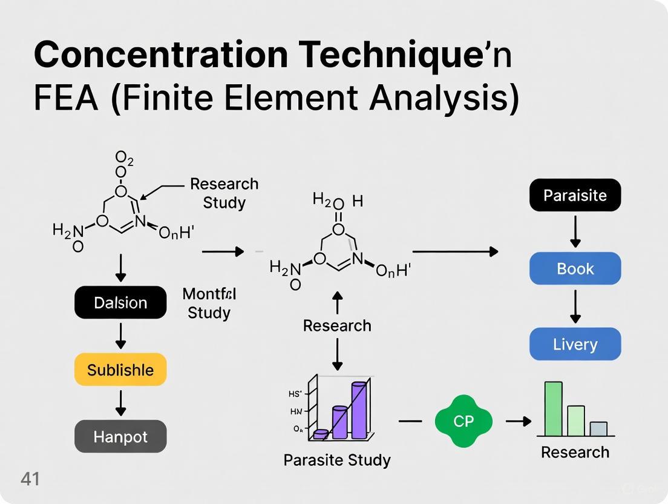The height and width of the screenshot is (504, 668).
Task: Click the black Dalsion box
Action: [120, 302]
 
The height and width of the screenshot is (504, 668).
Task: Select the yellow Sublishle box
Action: [120, 370]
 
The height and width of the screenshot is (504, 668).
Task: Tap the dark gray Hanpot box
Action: [120, 436]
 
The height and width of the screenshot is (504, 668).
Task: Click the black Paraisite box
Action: [575, 195]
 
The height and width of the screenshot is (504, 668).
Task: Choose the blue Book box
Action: [575, 268]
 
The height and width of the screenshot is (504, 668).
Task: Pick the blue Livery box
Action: [575, 344]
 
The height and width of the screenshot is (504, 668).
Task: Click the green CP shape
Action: [463, 421]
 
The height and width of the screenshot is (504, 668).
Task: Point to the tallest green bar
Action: [553, 409]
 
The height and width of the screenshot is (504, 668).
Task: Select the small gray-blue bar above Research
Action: [598, 429]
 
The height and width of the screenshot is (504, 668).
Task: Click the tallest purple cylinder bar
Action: [359, 410]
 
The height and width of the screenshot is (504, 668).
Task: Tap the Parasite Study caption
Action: [337, 460]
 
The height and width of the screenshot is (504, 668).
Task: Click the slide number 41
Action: [30, 479]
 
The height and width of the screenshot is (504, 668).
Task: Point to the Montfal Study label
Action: [209, 303]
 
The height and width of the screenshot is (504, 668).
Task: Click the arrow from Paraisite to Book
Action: [575, 231]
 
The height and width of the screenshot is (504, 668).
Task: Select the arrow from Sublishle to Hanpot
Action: [120, 403]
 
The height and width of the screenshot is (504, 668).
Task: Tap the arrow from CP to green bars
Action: [519, 421]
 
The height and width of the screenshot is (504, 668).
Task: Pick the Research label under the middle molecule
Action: [337, 325]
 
